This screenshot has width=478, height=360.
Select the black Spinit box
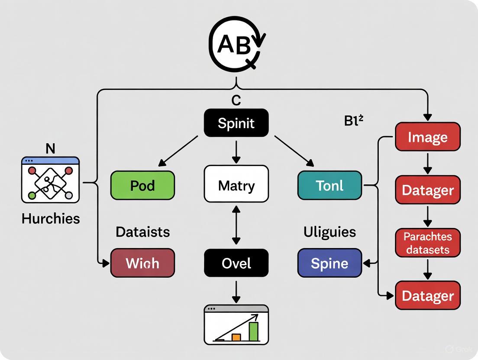(236, 123)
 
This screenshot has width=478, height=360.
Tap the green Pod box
(142, 185)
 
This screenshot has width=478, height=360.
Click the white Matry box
(236, 185)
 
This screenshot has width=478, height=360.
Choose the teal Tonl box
(329, 185)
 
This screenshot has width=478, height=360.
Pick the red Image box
(427, 137)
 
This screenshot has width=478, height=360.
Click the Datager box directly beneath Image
(427, 190)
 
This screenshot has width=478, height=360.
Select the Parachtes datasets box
(427, 243)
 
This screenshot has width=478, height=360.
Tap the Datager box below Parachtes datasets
(427, 296)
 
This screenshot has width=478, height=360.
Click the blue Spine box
(329, 263)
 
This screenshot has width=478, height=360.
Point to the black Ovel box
(236, 263)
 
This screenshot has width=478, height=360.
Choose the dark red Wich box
(142, 263)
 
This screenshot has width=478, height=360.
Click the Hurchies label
(51, 219)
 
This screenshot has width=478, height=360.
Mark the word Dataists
(142, 232)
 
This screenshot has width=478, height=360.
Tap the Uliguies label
(329, 232)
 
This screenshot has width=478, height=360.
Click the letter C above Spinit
(236, 100)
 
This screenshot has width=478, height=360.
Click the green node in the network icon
(32, 196)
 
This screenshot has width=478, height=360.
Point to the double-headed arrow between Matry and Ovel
(236, 225)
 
